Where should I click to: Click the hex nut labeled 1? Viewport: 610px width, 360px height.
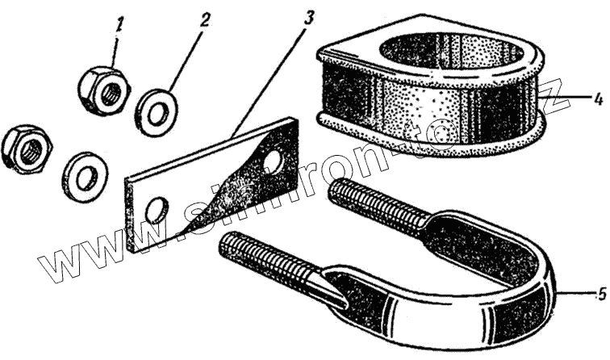[x=103, y=87]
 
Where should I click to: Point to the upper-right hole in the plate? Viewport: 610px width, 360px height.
[x=273, y=161]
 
